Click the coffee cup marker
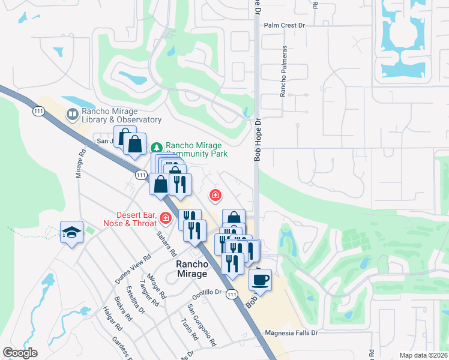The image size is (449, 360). (x=261, y=280)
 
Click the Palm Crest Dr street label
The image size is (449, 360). (x=285, y=26)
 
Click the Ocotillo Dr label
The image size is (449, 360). (x=208, y=293)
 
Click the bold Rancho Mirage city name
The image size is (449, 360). (x=191, y=269)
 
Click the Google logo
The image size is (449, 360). (x=20, y=353)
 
